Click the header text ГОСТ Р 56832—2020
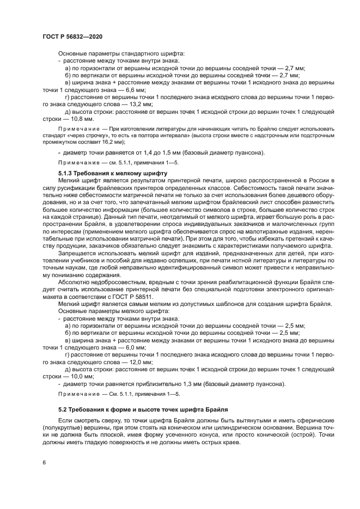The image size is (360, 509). pos(72,36)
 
